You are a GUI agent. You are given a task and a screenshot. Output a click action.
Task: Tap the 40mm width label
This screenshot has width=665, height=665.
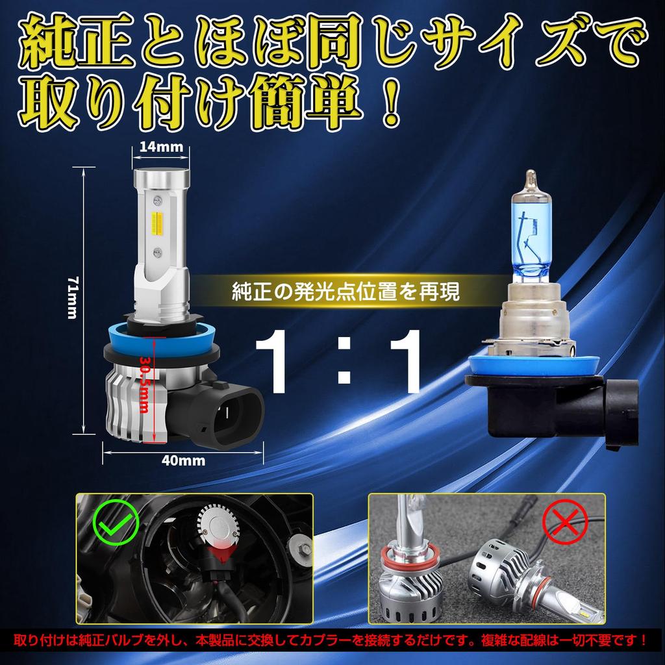pyautogui.click(x=182, y=460)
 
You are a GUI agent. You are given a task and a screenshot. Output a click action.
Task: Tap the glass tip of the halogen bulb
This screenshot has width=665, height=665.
pyautogui.click(x=531, y=177)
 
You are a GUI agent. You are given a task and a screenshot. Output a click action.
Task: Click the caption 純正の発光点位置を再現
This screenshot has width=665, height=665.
pyautogui.click(x=345, y=292)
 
